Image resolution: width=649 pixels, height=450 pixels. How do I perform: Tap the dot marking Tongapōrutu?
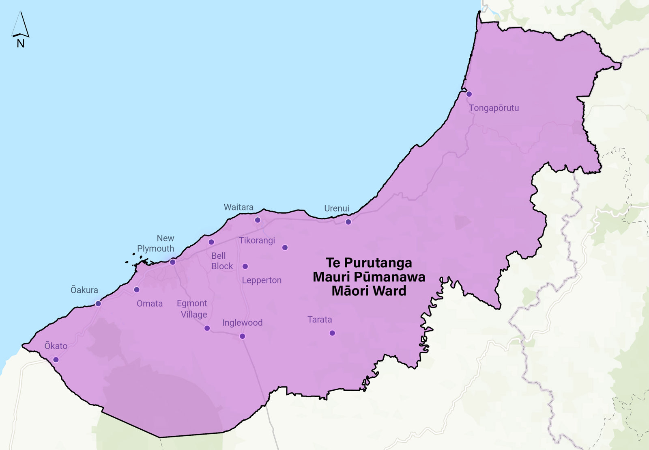click(x=469, y=94)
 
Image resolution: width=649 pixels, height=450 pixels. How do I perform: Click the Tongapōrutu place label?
click(x=494, y=108)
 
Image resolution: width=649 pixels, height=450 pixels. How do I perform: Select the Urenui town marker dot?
click(x=348, y=222)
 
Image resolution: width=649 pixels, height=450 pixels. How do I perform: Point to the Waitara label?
click(x=239, y=207)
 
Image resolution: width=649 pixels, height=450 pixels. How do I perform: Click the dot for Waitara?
click(x=258, y=220)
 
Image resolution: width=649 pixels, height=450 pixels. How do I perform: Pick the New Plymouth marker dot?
click(x=172, y=262)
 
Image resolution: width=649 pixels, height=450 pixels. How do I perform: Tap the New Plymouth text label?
click(x=156, y=243)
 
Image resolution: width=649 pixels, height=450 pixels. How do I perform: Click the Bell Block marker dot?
click(x=211, y=242)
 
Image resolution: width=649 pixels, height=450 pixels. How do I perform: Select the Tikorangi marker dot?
click(x=285, y=247)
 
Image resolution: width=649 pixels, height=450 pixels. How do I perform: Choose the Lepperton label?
click(x=262, y=280)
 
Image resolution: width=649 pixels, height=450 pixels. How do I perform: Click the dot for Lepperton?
click(x=245, y=266)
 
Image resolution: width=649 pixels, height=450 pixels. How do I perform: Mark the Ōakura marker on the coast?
click(x=98, y=303)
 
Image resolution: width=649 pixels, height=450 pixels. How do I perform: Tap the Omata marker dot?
click(x=137, y=290)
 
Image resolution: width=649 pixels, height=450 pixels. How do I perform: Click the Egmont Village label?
click(x=192, y=309)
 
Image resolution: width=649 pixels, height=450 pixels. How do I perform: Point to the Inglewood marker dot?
click(x=242, y=336)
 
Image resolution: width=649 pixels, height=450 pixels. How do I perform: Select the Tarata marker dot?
click(x=332, y=333)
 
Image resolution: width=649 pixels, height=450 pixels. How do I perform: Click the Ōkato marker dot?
click(x=56, y=360)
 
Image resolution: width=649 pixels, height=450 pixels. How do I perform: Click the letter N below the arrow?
click(x=21, y=43)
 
